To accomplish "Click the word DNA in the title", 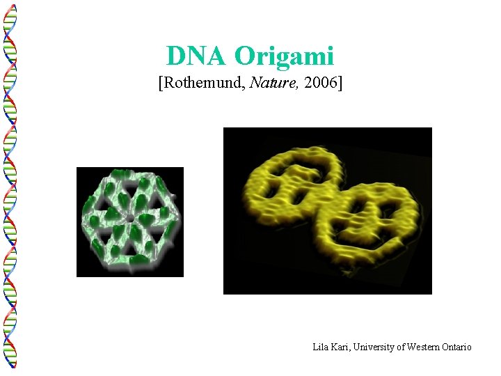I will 197,56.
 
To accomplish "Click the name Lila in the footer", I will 321,347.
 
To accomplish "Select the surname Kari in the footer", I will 342,347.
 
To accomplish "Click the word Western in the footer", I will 422,347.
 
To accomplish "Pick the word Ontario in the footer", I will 456,347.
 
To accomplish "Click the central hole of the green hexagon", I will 130,219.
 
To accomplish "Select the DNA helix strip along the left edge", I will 10,188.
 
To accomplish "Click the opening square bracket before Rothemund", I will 161,84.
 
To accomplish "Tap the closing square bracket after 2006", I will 339,84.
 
